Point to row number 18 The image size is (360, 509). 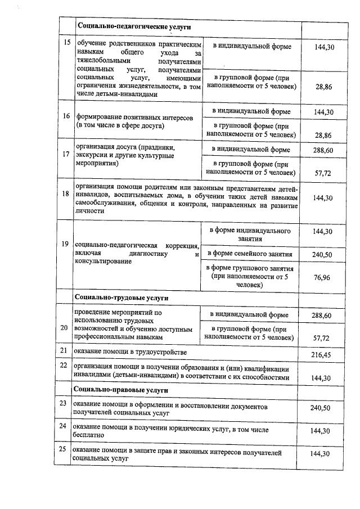coord(66,193)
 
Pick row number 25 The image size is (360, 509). coord(64,450)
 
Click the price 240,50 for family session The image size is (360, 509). coord(322,255)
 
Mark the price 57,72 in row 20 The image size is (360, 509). coord(322,337)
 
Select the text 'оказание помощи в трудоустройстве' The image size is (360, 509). coord(130,352)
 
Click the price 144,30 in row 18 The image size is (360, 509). coord(322,199)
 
